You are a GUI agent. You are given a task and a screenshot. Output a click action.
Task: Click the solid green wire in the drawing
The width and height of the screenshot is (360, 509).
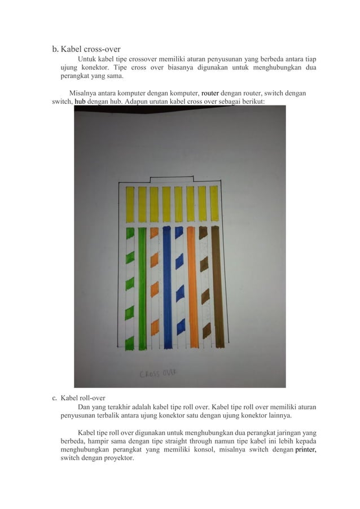(142, 288)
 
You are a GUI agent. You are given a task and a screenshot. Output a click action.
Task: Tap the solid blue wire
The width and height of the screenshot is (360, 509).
(167, 288)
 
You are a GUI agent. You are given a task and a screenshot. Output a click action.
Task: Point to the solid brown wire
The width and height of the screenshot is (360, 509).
(217, 288)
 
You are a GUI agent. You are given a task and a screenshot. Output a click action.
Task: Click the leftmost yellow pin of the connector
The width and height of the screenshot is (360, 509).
(130, 204)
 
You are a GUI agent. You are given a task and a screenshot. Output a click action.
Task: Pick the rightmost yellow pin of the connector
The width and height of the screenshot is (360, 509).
(214, 203)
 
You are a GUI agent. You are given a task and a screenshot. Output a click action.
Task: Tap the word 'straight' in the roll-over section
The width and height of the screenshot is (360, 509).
(183, 441)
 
